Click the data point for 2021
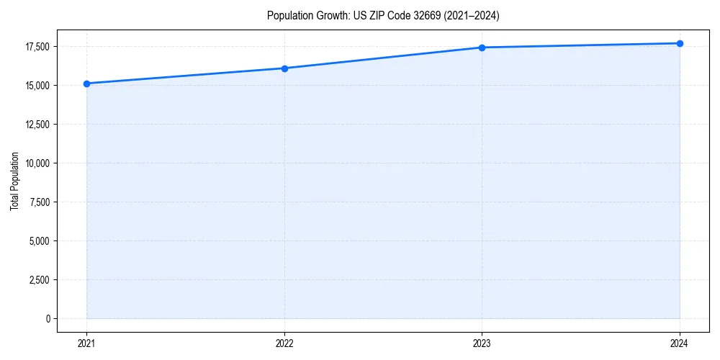point(86,84)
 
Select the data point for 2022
point(284,68)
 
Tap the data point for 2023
point(482,48)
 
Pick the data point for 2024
point(680,43)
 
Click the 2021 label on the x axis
point(86,343)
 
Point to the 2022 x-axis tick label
point(284,343)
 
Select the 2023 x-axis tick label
point(482,343)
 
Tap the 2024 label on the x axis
point(680,343)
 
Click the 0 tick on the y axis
point(47,318)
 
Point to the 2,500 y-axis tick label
point(38,279)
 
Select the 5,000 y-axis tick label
point(38,240)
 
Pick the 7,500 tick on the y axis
point(38,202)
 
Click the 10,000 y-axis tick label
point(37,163)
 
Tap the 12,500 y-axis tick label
point(37,124)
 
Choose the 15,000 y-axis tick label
point(37,86)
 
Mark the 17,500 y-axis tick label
point(37,47)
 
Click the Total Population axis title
point(14,181)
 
